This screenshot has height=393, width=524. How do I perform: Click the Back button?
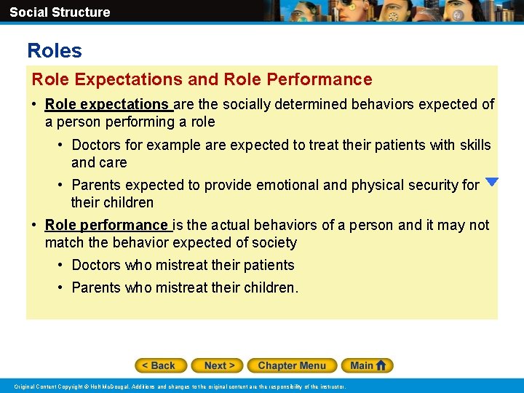pos(161,365)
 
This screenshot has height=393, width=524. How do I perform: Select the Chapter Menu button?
pos(292,365)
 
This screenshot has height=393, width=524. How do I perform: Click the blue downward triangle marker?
pos(492,182)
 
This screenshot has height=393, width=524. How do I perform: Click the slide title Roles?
pos(55,51)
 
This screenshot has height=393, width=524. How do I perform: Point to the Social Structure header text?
pos(60,12)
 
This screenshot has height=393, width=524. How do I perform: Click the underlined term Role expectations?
pos(106,104)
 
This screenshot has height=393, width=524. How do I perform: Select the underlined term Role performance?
pos(106,225)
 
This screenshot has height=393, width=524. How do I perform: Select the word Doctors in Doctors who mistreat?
pos(96,265)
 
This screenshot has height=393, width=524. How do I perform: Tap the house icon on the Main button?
pos(382,365)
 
